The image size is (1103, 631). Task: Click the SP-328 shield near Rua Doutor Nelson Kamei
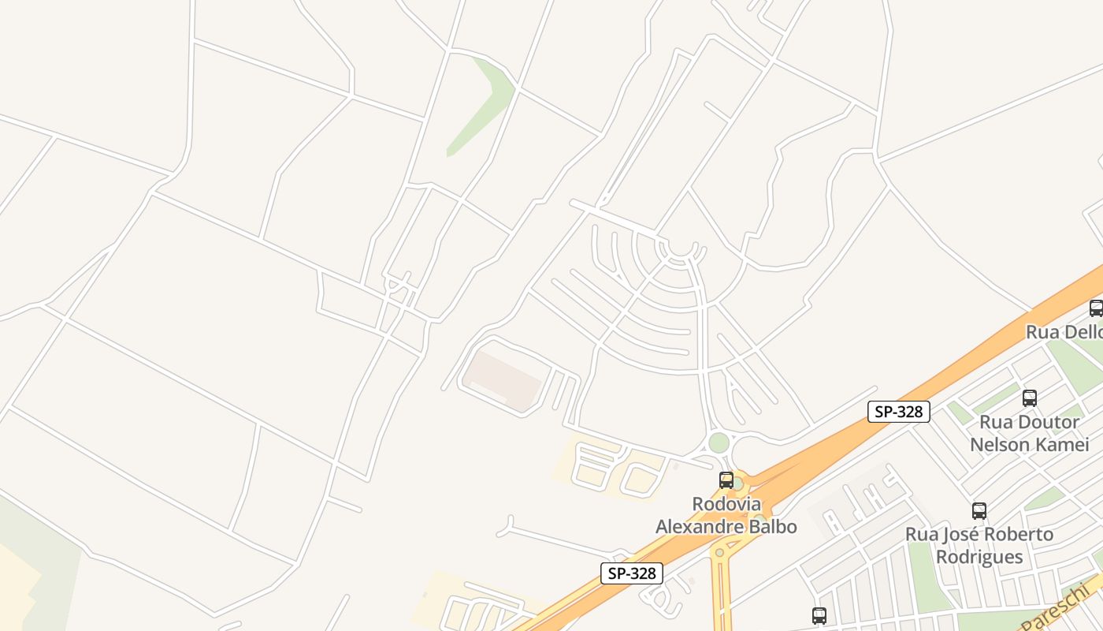(899, 411)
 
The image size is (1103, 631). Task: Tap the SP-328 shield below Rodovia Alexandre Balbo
(632, 573)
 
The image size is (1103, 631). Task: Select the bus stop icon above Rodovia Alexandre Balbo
(726, 480)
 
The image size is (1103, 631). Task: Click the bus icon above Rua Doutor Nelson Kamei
(1029, 398)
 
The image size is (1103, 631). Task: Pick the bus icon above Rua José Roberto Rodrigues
(979, 511)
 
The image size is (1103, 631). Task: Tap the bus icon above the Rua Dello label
(1096, 308)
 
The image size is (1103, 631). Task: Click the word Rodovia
(726, 503)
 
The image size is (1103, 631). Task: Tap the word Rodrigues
(979, 556)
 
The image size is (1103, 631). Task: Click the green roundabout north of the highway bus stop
(719, 442)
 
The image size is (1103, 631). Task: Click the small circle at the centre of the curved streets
(679, 248)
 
